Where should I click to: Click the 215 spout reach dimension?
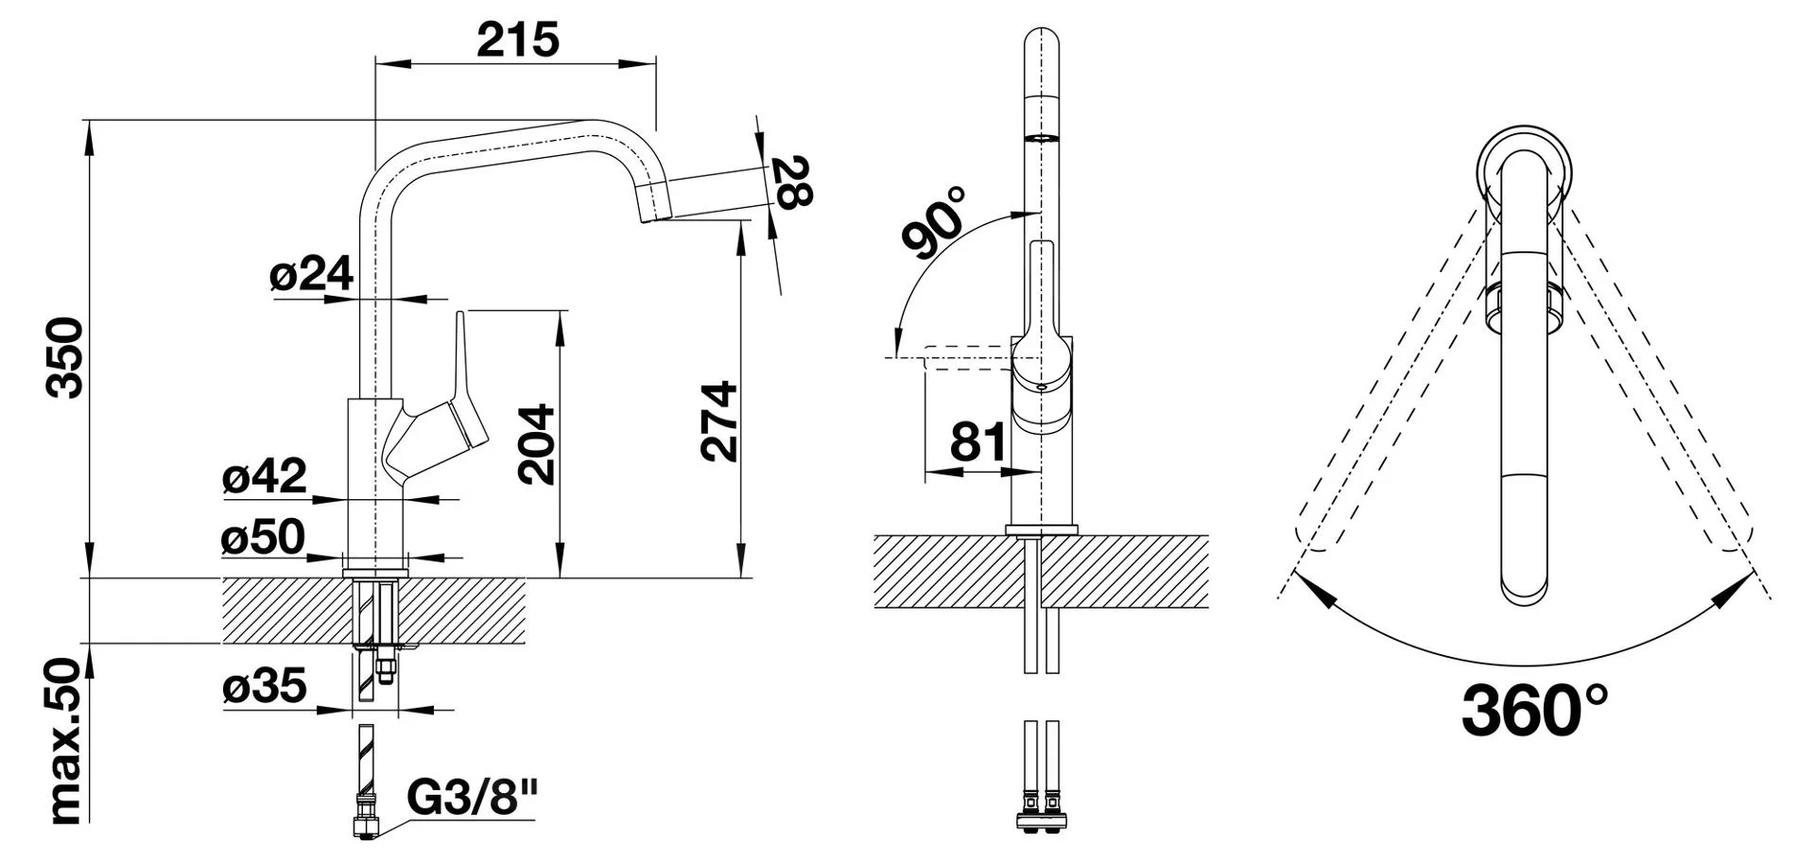[x=517, y=40]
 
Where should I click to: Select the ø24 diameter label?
[x=311, y=273]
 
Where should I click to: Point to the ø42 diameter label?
[x=265, y=475]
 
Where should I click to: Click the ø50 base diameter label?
[x=264, y=537]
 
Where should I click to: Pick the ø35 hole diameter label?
[x=265, y=685]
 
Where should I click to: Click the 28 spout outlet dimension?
[x=791, y=181]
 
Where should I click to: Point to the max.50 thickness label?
[x=67, y=741]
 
